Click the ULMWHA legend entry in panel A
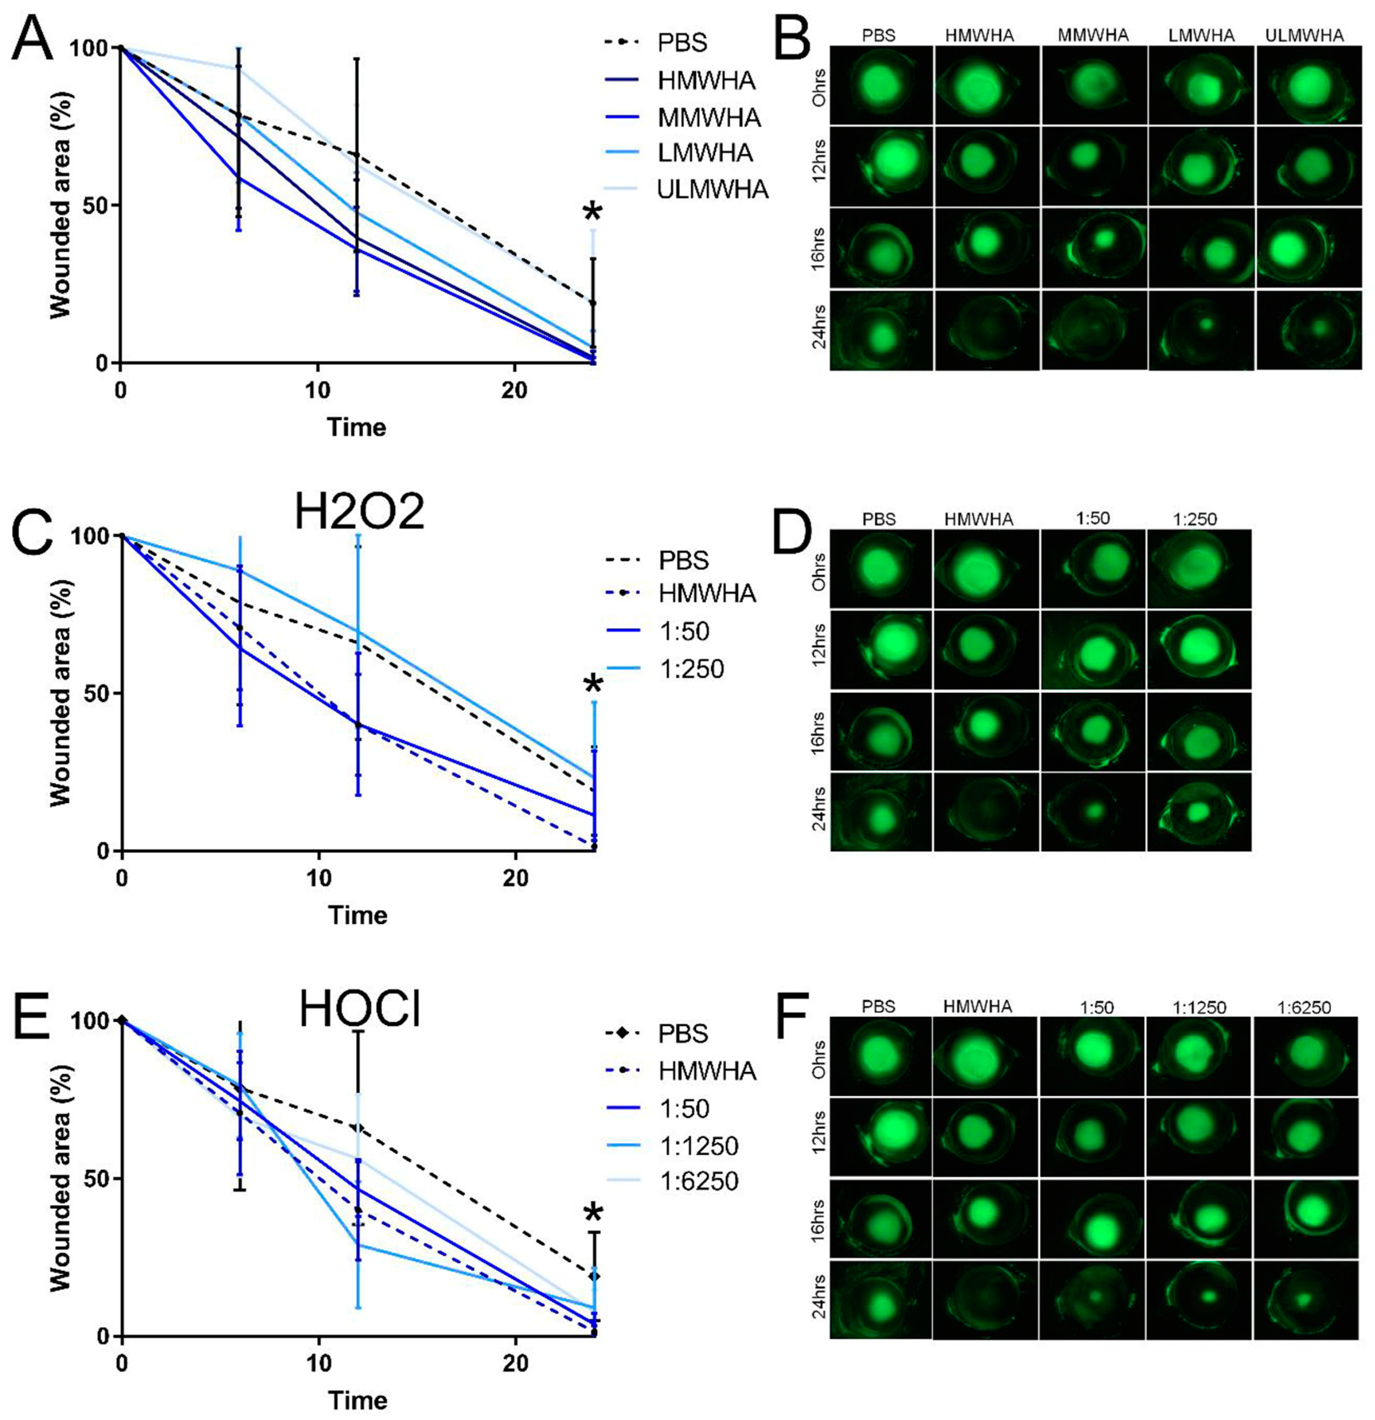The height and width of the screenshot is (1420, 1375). pyautogui.click(x=712, y=189)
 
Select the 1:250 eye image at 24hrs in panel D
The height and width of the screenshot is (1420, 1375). pyautogui.click(x=1199, y=811)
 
